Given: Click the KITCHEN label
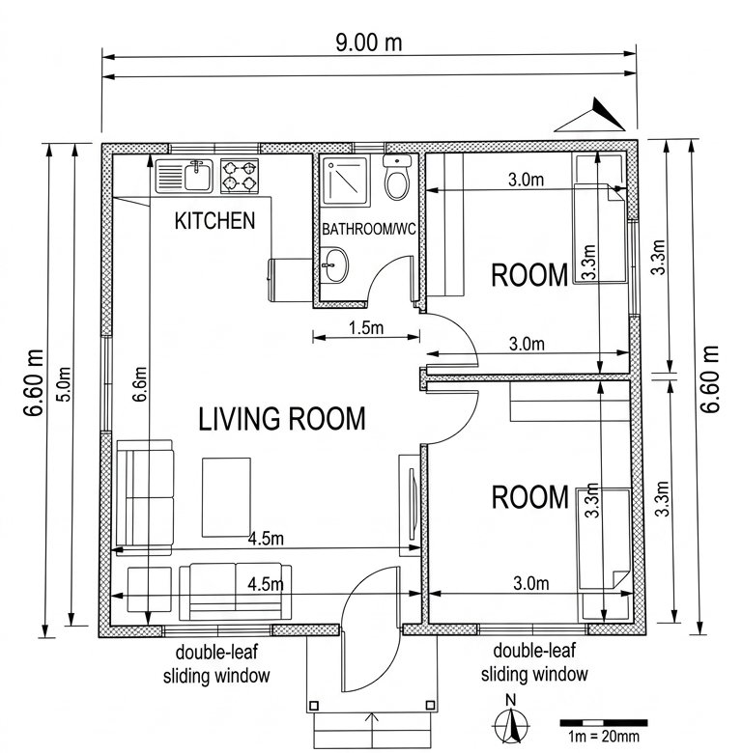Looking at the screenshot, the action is (x=214, y=221).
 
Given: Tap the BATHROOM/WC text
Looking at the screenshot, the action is (x=369, y=229).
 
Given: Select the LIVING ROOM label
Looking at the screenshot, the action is (x=282, y=418).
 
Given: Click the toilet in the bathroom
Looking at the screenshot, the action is (x=397, y=178).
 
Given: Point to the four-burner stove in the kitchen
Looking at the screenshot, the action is (x=240, y=176).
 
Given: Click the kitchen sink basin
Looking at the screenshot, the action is (x=198, y=176).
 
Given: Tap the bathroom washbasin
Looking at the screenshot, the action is (x=334, y=265).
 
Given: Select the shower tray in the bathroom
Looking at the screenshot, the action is (x=347, y=181).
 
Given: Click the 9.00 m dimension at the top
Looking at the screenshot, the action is (x=369, y=42).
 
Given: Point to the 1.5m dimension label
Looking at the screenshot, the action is (x=366, y=327).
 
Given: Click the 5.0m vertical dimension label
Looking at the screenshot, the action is (x=65, y=384).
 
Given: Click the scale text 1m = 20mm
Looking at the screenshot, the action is (x=603, y=737).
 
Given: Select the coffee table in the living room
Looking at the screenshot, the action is (x=226, y=497).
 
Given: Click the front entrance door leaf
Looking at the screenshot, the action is (x=370, y=629).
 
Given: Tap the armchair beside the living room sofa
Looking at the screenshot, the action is (x=150, y=590).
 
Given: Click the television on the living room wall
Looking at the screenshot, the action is (x=412, y=504).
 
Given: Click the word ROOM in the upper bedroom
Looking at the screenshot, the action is (x=529, y=275).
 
